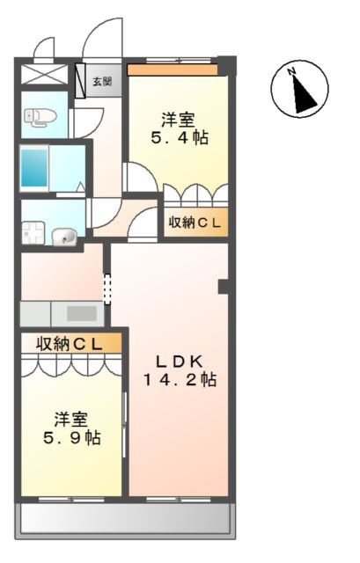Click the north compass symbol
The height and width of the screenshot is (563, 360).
click(299, 88)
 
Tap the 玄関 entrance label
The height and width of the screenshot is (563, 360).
click(102, 82)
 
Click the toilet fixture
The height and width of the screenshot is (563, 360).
click(40, 117)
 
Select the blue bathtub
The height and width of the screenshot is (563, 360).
click(34, 168)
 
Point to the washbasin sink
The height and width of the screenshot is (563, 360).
click(64, 237)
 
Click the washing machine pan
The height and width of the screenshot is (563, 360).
click(33, 232)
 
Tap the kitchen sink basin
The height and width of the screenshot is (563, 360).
click(82, 313)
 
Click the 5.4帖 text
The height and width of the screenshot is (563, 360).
click(180, 137)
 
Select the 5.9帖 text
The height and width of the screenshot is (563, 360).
click(72, 437)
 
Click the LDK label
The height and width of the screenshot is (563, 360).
click(180, 362)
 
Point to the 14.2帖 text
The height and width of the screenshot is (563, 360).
click(180, 379)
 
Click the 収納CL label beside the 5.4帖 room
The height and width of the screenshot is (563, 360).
click(195, 223)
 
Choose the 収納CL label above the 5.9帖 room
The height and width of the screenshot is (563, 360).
click(69, 345)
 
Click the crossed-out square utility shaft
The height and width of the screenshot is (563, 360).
click(45, 75)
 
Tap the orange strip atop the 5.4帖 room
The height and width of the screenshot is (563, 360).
click(173, 70)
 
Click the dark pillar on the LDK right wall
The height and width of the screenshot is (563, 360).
click(224, 287)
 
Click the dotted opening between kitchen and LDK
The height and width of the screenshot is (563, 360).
click(107, 289)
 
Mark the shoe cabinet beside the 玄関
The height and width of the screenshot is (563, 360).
click(80, 81)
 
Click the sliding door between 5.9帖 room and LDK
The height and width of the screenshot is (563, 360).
click(125, 425)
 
